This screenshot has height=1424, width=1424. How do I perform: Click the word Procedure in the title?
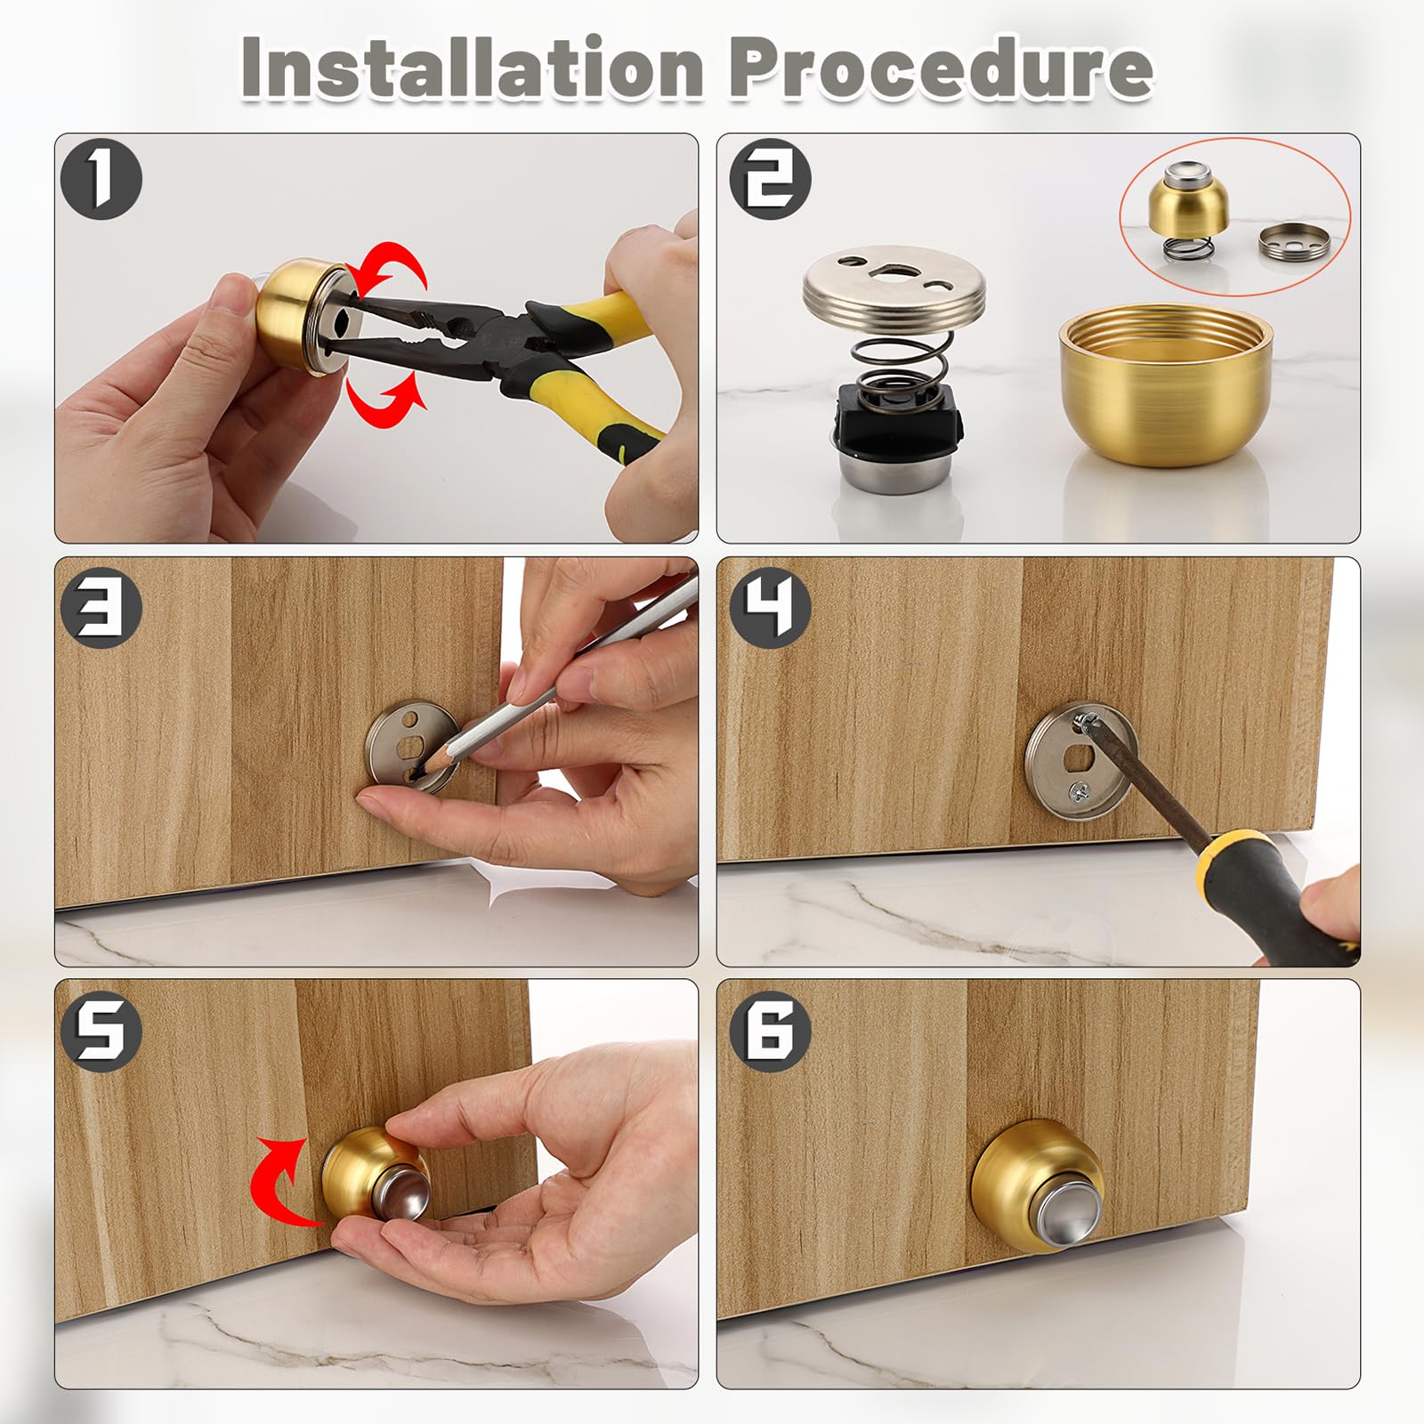coord(941,67)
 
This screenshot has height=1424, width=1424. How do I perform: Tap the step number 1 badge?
coord(101,181)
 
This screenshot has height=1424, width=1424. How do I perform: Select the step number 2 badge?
coord(770,181)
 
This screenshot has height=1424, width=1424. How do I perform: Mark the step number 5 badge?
coord(101,1030)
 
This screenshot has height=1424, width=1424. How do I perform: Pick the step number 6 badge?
coord(770,1030)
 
